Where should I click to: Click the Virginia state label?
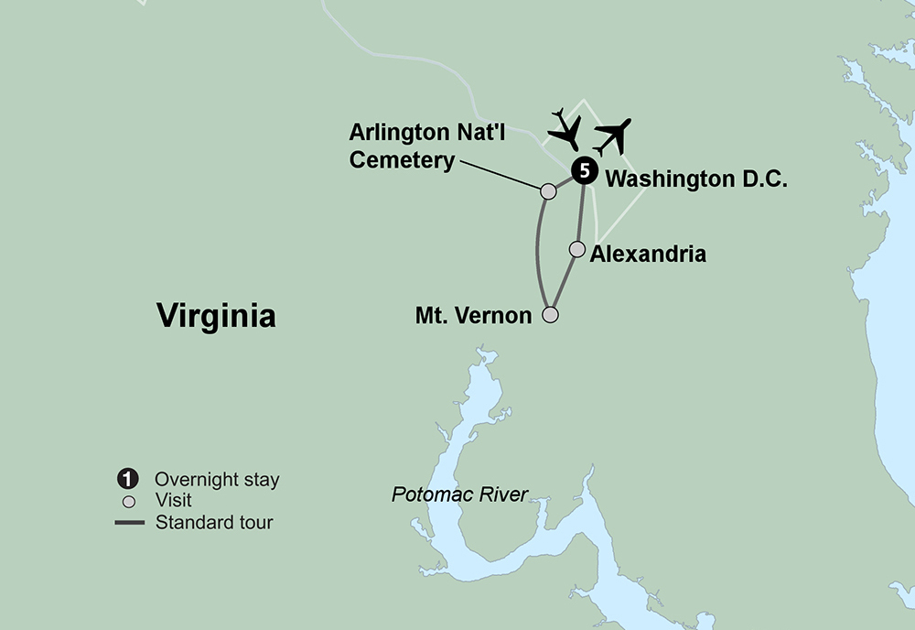(x=216, y=316)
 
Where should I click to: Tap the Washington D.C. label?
(x=696, y=179)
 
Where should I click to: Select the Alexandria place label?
(x=648, y=254)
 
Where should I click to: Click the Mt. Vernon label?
(x=473, y=316)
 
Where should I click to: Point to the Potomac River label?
(x=460, y=494)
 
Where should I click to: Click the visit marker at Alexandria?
(x=577, y=249)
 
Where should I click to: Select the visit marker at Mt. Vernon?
(x=550, y=315)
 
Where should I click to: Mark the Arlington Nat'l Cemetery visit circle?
(x=548, y=191)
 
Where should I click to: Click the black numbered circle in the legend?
(x=128, y=479)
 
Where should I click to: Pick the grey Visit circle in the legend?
(x=128, y=502)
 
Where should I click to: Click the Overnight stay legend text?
(x=217, y=479)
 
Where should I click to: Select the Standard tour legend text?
(x=214, y=524)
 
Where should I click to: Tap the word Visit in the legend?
(x=173, y=502)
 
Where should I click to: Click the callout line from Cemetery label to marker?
(x=499, y=175)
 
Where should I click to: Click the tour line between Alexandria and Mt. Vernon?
(x=563, y=283)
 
